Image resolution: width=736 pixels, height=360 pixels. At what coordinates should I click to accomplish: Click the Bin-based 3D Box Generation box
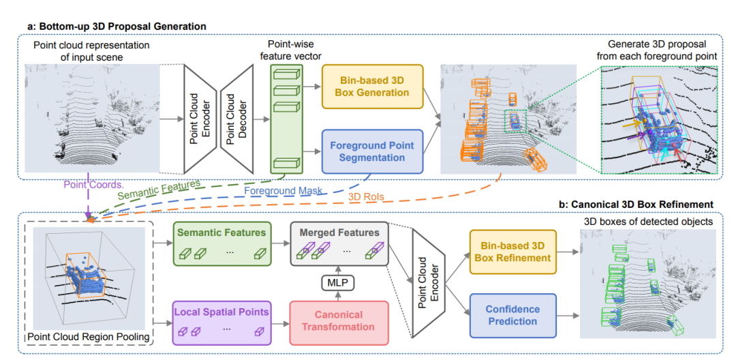[x=372, y=86]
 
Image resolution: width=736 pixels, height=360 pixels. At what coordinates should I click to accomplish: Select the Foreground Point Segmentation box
[x=372, y=151]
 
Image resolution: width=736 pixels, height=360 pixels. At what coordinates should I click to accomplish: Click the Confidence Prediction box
[x=512, y=315]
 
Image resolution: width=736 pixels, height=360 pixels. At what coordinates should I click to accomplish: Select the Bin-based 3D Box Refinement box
[x=512, y=252]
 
